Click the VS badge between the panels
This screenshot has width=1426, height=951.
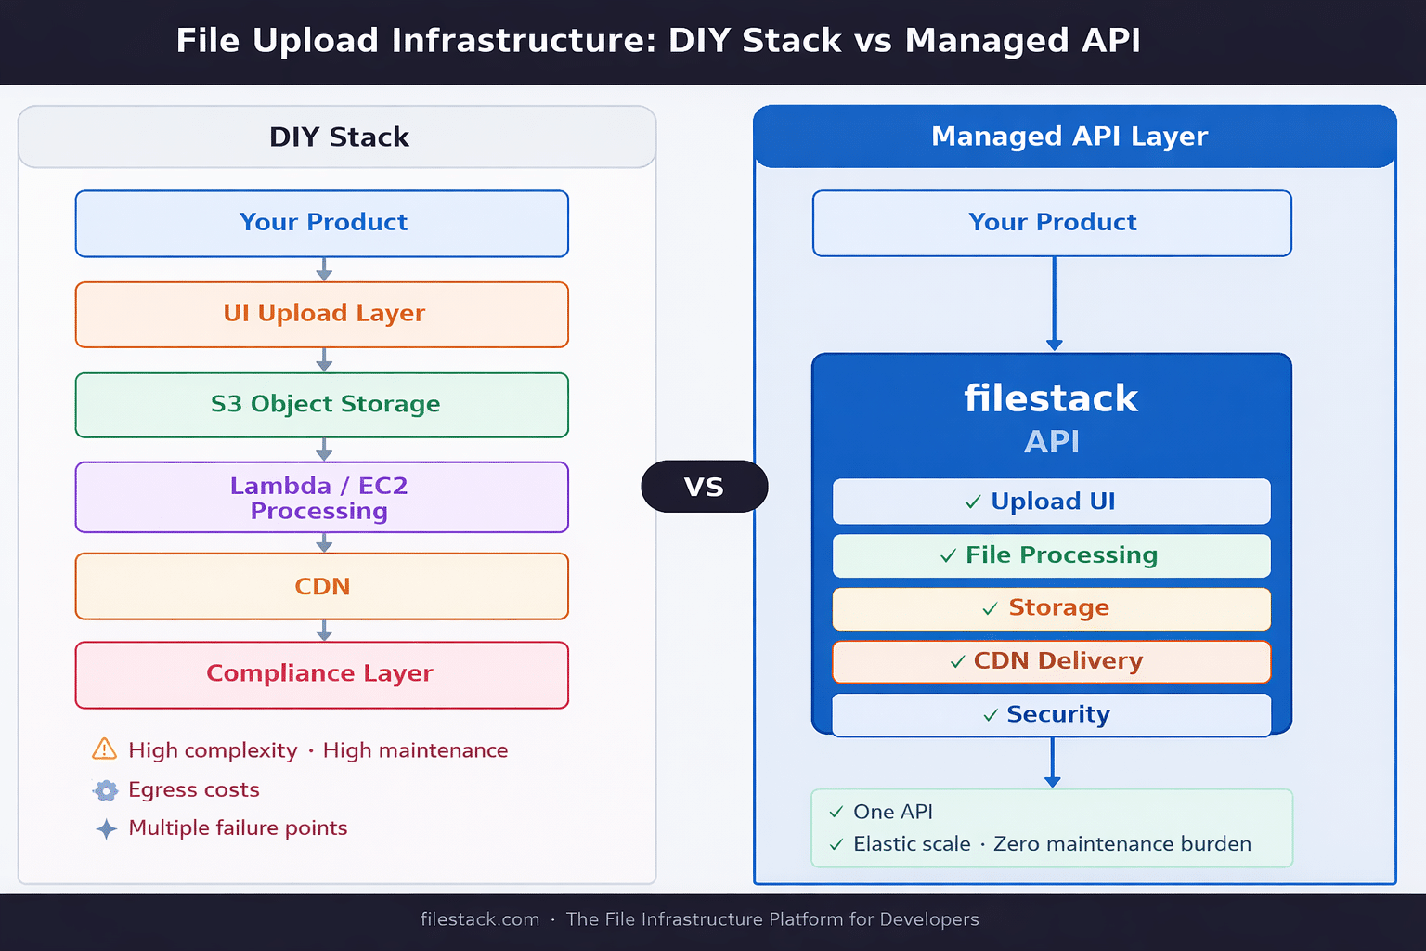(x=704, y=487)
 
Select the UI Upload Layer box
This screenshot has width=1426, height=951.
(x=322, y=315)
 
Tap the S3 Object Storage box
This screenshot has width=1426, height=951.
(x=322, y=405)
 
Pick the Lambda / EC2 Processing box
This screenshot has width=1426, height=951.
(x=322, y=498)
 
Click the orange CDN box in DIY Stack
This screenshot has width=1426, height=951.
(x=322, y=587)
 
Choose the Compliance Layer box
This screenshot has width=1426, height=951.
(x=322, y=675)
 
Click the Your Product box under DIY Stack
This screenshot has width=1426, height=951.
(x=322, y=224)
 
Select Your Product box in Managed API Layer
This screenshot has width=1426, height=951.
(x=1052, y=224)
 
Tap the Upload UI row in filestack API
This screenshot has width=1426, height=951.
(x=1052, y=502)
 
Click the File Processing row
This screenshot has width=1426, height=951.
(x=1052, y=555)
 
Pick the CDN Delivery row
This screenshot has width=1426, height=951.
(x=1052, y=661)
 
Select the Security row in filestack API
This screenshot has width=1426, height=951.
(x=1052, y=714)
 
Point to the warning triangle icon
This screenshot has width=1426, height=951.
(x=105, y=749)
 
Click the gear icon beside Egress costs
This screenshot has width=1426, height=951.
(x=106, y=790)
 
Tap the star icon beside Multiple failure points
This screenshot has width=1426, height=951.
(x=107, y=828)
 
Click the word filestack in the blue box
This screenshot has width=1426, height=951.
(x=1051, y=399)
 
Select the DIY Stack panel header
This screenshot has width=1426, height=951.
(x=338, y=137)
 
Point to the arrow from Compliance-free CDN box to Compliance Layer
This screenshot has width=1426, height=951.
(x=324, y=632)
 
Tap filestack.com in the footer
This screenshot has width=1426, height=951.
(x=480, y=919)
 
